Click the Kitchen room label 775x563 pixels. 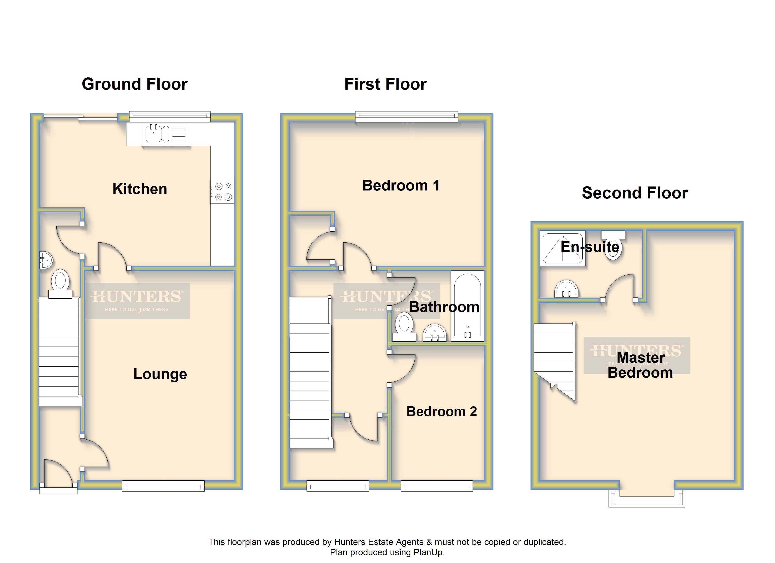(x=140, y=189)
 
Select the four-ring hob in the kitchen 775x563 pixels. (x=222, y=191)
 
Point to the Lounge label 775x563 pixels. (x=160, y=374)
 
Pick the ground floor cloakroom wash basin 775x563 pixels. (x=46, y=260)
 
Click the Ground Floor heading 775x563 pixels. (x=135, y=84)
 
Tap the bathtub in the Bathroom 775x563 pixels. (x=467, y=306)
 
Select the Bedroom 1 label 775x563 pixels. (x=401, y=185)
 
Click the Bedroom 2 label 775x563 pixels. (x=442, y=411)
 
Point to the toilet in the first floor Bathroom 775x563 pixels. (x=404, y=327)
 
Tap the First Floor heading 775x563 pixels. (x=385, y=84)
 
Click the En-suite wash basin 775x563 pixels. (x=566, y=289)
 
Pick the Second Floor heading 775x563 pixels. (x=635, y=193)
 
